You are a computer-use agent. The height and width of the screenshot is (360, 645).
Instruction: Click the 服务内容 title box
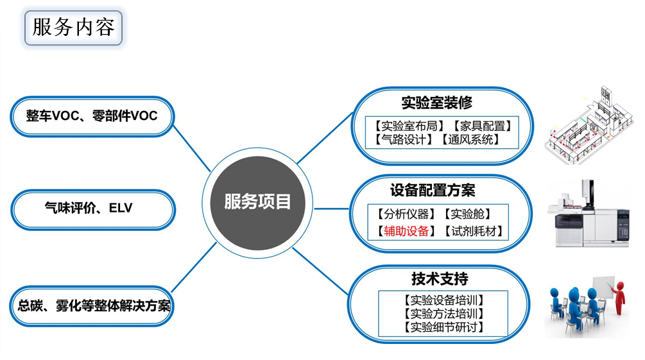click(x=73, y=28)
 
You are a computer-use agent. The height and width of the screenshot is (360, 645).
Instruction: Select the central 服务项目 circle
click(x=257, y=203)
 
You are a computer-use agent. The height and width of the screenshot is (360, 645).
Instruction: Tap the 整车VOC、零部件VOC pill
click(x=92, y=116)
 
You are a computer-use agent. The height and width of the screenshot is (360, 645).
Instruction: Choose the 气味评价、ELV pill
click(x=93, y=209)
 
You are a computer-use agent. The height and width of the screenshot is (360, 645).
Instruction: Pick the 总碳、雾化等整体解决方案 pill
click(x=92, y=306)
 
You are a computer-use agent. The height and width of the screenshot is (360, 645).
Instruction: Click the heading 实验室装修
click(x=437, y=103)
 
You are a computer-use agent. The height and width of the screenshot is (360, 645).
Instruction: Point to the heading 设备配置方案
click(x=433, y=191)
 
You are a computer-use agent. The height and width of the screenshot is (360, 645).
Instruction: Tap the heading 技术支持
click(x=440, y=279)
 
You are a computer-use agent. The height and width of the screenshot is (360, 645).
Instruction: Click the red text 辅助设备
click(x=406, y=231)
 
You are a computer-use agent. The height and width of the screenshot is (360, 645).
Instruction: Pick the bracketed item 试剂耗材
click(x=474, y=231)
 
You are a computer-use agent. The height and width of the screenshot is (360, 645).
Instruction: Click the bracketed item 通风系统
click(x=470, y=139)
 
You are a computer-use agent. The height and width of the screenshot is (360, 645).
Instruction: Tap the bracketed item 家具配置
click(x=483, y=126)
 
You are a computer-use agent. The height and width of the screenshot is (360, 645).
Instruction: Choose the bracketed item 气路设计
click(x=404, y=139)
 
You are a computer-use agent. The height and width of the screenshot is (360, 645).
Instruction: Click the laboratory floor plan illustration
click(x=589, y=126)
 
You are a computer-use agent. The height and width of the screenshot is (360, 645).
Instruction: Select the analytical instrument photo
click(x=589, y=214)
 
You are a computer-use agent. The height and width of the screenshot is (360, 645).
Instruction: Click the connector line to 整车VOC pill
click(x=192, y=148)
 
